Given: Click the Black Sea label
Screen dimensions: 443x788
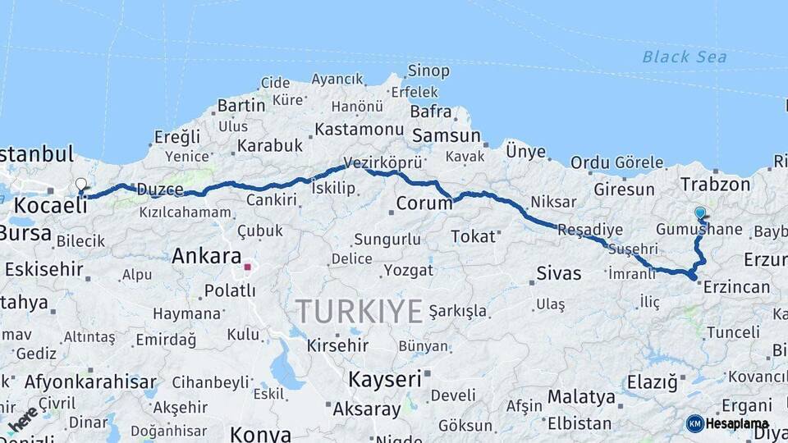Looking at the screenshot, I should pyautogui.click(x=685, y=57).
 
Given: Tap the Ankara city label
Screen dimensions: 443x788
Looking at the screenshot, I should pyautogui.click(x=206, y=256).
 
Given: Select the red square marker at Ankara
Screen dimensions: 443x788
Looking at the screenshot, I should pyautogui.click(x=247, y=267).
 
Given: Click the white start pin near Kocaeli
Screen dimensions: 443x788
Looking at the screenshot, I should pyautogui.click(x=80, y=185).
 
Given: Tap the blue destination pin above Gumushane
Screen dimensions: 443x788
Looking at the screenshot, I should pyautogui.click(x=699, y=214).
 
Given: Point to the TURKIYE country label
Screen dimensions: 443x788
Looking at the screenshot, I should pyautogui.click(x=359, y=312).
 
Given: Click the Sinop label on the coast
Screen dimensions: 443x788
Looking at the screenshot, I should pyautogui.click(x=428, y=71).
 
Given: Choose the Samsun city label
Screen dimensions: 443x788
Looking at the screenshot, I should pyautogui.click(x=446, y=135).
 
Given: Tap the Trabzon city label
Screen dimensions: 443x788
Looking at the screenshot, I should pyautogui.click(x=716, y=185).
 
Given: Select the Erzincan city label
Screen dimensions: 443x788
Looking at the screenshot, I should pyautogui.click(x=736, y=286).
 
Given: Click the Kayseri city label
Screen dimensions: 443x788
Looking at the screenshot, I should pyautogui.click(x=384, y=379).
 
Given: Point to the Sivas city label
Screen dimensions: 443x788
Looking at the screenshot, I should pyautogui.click(x=558, y=273).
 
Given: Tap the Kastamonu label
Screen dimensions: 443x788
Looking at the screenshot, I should pyautogui.click(x=359, y=130).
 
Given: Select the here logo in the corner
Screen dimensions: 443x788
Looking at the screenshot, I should pyautogui.click(x=22, y=418).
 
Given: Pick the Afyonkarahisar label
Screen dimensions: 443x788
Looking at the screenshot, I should pyautogui.click(x=90, y=381).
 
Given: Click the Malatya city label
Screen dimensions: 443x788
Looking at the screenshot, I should pyautogui.click(x=581, y=397).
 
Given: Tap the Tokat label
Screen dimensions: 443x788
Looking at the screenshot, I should pyautogui.click(x=473, y=236).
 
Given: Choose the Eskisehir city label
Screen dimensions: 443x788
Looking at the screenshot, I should pyautogui.click(x=44, y=269).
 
